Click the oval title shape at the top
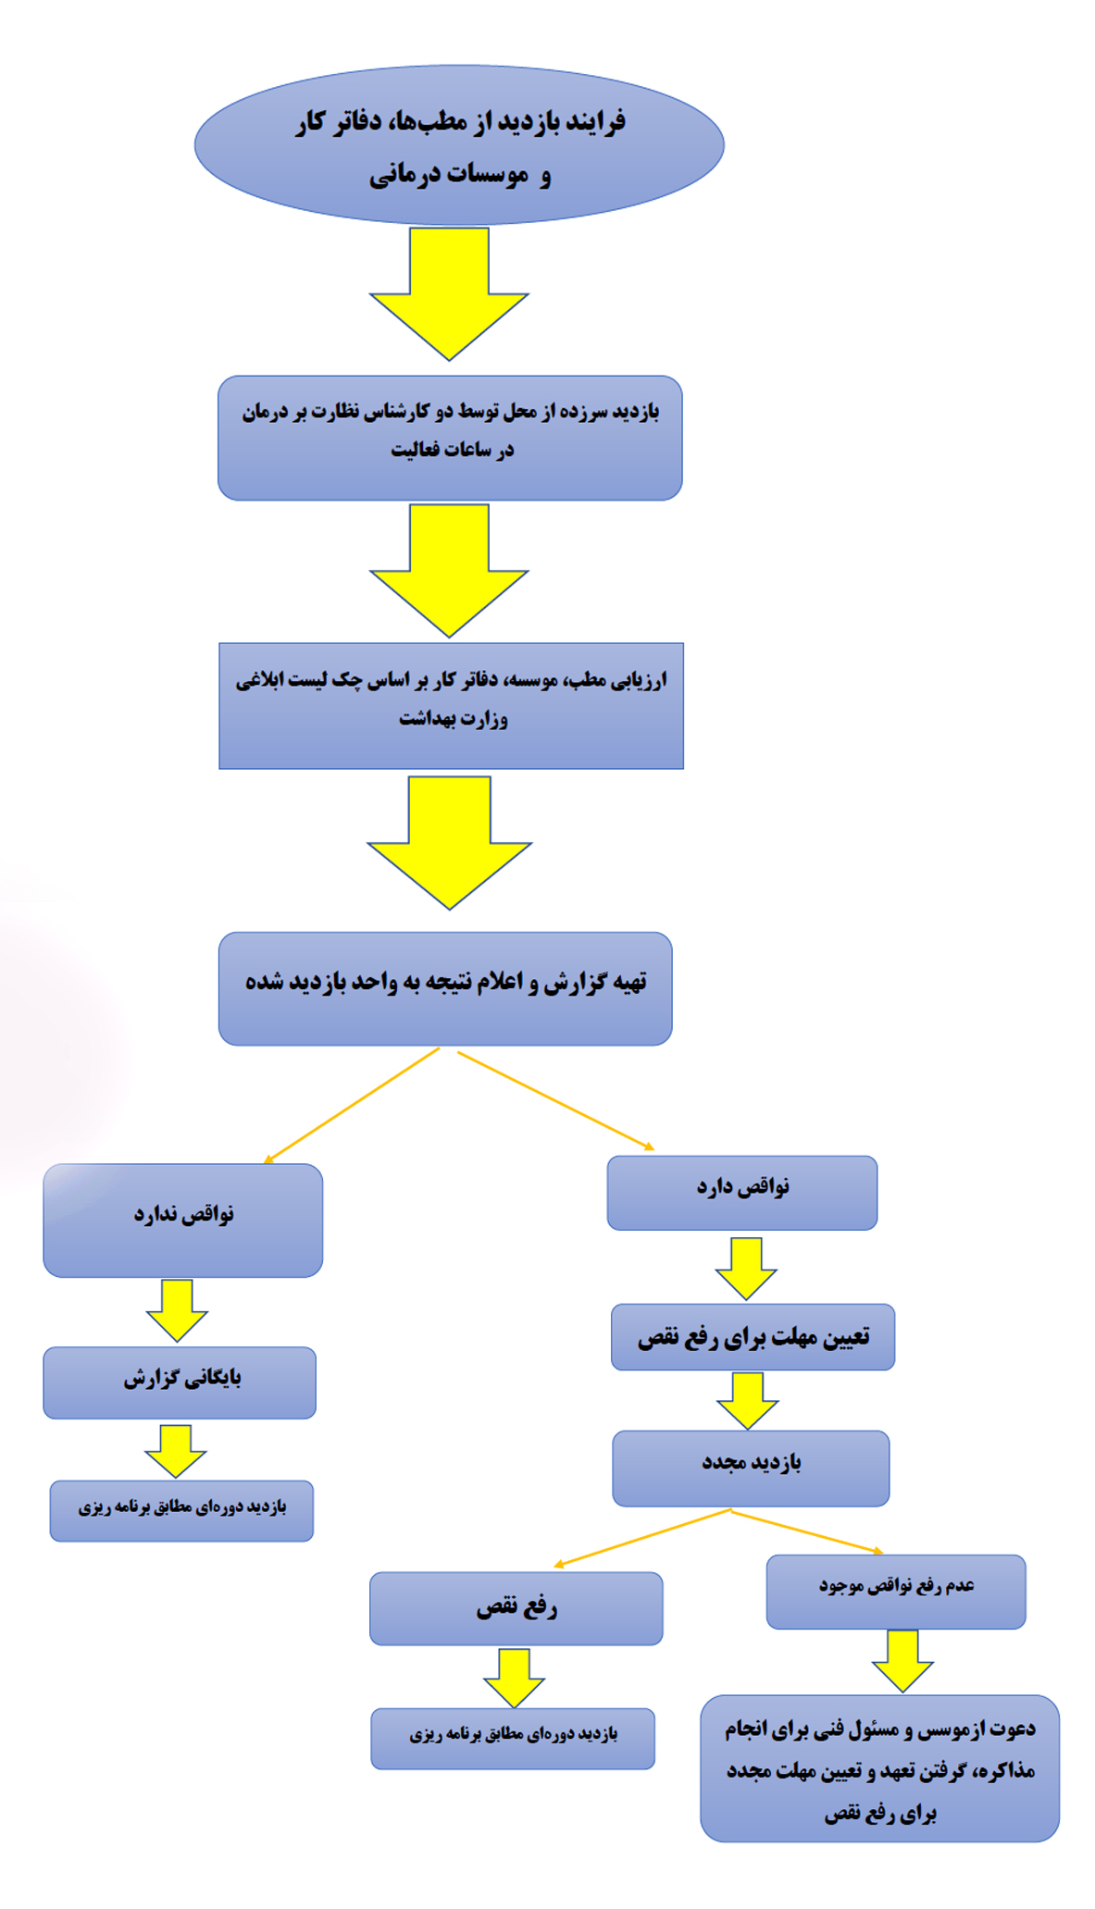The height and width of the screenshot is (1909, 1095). (459, 144)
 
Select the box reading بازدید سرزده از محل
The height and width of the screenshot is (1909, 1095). (450, 438)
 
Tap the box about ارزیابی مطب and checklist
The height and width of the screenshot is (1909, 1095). (451, 706)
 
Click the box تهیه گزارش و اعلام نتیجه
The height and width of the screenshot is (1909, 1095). (445, 988)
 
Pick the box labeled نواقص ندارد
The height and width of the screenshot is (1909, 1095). (183, 1221)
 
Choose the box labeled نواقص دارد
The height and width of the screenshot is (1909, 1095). (742, 1193)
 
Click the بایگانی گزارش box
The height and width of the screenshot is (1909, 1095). (180, 1382)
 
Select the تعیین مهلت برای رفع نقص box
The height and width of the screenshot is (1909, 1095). (753, 1337)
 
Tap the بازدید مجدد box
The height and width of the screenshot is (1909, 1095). (751, 1469)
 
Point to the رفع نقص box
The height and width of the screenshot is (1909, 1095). (516, 1608)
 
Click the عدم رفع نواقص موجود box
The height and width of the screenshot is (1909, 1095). (896, 1592)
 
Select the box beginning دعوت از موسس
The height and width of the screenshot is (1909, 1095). (879, 1768)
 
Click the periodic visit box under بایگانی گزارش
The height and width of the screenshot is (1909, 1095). (181, 1511)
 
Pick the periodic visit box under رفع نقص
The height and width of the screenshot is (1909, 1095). (513, 1739)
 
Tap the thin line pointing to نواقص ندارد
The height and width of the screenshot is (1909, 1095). (352, 1105)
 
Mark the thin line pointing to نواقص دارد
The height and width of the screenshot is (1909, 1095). (556, 1101)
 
